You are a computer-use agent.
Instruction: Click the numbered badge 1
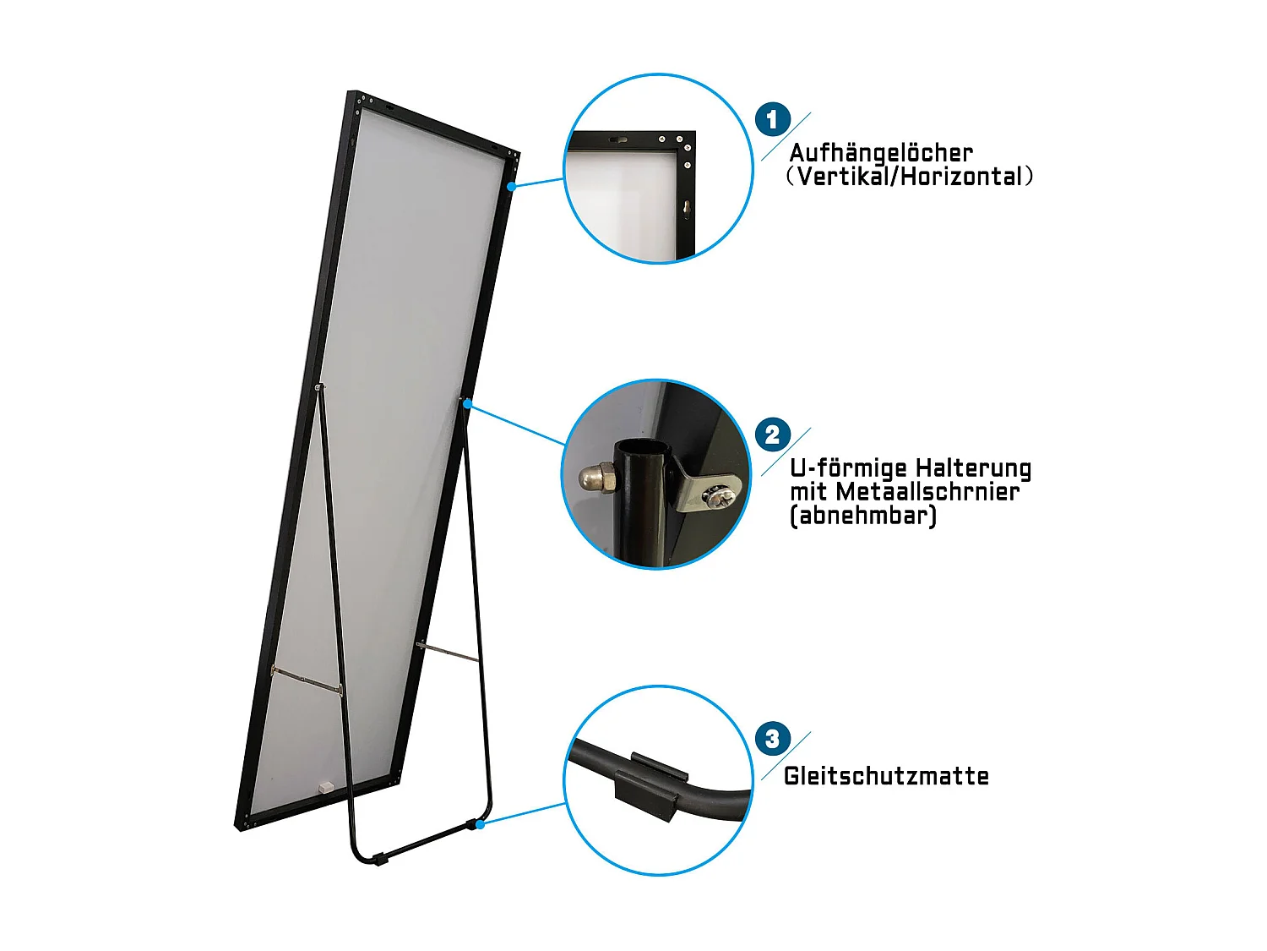(772, 120)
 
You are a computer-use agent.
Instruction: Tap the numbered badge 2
(772, 435)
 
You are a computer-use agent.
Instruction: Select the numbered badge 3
(772, 739)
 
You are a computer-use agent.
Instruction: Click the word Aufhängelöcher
(880, 153)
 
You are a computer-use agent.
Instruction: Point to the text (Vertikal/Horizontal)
(909, 177)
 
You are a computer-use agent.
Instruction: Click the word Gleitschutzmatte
(886, 776)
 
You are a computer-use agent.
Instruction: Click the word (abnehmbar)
(862, 516)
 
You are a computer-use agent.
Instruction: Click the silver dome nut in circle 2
(596, 478)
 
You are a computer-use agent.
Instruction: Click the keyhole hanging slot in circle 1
(686, 206)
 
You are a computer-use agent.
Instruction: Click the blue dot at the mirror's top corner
(511, 186)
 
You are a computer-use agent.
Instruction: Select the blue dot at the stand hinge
(467, 404)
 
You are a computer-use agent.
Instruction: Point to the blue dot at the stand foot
(480, 823)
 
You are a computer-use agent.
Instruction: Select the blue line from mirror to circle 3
(524, 813)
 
